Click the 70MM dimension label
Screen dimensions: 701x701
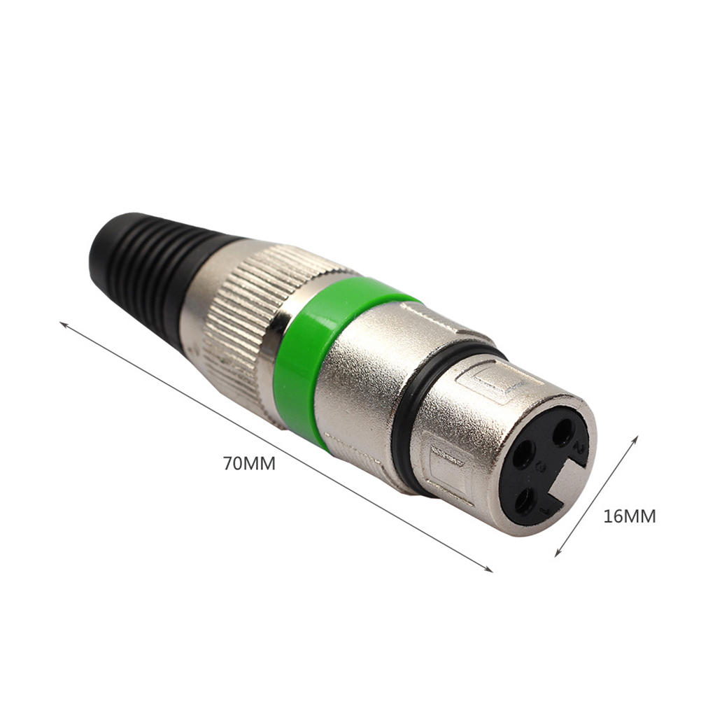pyautogui.click(x=250, y=464)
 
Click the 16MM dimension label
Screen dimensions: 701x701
pyautogui.click(x=630, y=516)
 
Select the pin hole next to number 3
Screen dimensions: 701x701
pyautogui.click(x=523, y=454)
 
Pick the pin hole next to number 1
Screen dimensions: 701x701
pyautogui.click(x=526, y=500)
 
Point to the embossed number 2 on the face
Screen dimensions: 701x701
pyautogui.click(x=580, y=448)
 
